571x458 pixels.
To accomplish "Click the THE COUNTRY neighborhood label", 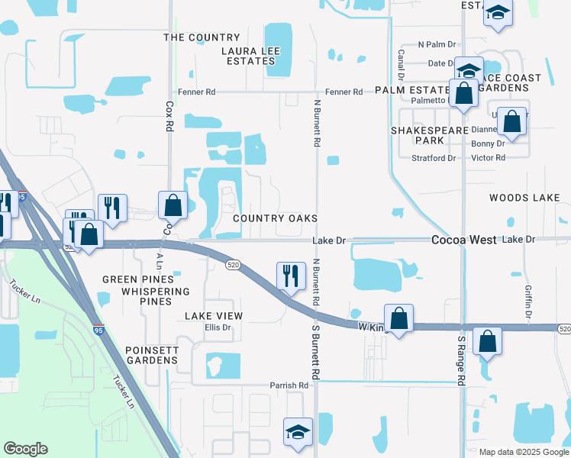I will [x=202, y=37].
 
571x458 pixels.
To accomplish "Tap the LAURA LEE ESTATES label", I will [x=251, y=56].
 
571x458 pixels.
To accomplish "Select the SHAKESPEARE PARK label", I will [x=418, y=135].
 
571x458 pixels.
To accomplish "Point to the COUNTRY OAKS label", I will [x=275, y=218].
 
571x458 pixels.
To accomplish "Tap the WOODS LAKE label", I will [x=524, y=198].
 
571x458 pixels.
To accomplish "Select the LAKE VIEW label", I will [x=214, y=316].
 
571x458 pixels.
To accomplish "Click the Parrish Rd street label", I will [x=289, y=386].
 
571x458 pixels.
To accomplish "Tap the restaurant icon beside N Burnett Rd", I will [x=289, y=276].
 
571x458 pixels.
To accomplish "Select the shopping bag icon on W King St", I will [x=398, y=317].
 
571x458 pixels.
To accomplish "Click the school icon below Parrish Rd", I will [x=297, y=431].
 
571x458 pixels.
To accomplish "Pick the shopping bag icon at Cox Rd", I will [x=173, y=205].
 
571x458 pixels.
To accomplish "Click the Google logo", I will [x=26, y=449].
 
